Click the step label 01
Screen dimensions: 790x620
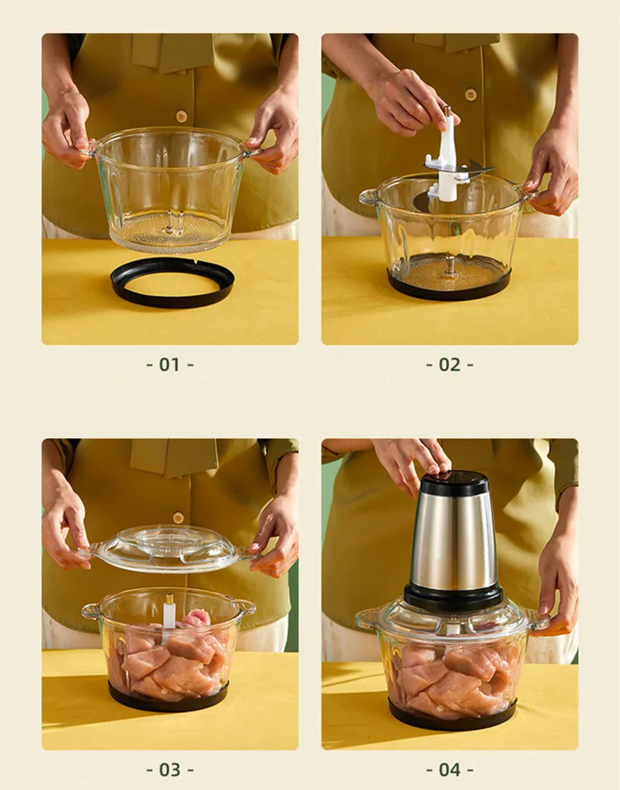pyautogui.click(x=169, y=364)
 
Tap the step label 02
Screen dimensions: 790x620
pyautogui.click(x=450, y=364)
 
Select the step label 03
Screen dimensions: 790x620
pyautogui.click(x=169, y=769)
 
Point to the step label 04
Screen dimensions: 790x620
pyautogui.click(x=450, y=769)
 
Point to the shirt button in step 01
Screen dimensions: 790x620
pyautogui.click(x=181, y=117)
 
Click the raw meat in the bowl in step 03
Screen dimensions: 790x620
pyautogui.click(x=169, y=657)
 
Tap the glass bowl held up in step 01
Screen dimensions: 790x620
pyautogui.click(x=169, y=190)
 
